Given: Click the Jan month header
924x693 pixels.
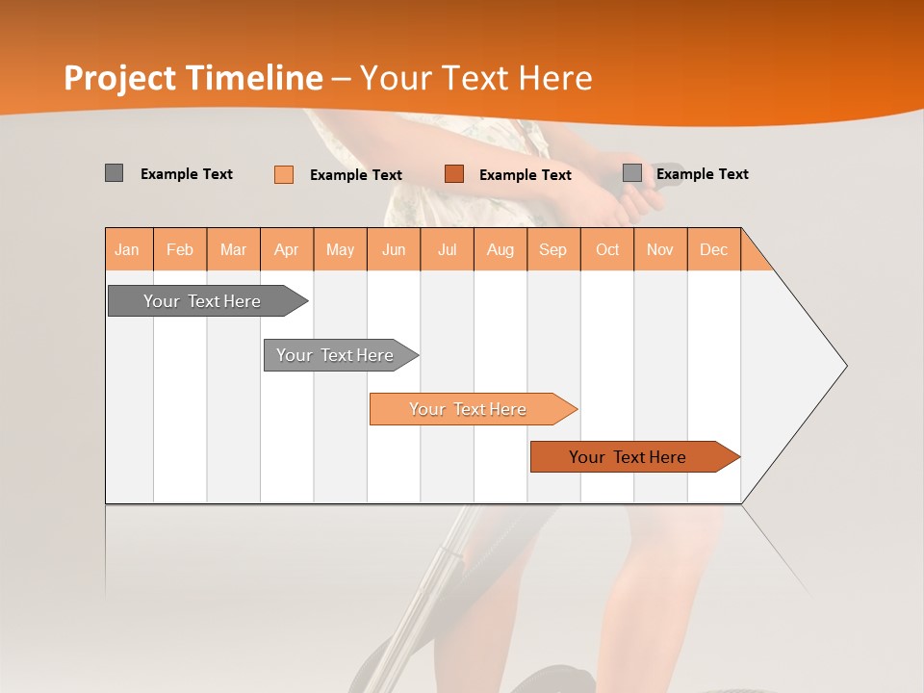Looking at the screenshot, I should pyautogui.click(x=127, y=250).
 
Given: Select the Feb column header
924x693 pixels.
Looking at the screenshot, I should pyautogui.click(x=180, y=250).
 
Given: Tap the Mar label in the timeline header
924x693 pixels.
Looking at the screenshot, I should pyautogui.click(x=233, y=250).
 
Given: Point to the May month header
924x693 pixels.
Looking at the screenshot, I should pyautogui.click(x=340, y=250).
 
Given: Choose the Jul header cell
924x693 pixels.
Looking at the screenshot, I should pyautogui.click(x=447, y=250).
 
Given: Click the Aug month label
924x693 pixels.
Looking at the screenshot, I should pyautogui.click(x=500, y=250).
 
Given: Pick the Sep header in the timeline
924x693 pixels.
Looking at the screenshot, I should pyautogui.click(x=552, y=250).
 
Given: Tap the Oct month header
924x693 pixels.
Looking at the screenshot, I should pyautogui.click(x=607, y=250).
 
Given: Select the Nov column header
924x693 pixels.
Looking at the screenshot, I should pyautogui.click(x=659, y=250).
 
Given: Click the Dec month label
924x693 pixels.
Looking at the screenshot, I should pyautogui.click(x=713, y=250).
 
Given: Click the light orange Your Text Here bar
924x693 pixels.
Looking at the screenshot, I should pyautogui.click(x=468, y=409).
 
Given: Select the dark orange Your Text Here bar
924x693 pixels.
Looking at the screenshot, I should pyautogui.click(x=628, y=457).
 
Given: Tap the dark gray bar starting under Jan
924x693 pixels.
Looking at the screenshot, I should pyautogui.click(x=202, y=301).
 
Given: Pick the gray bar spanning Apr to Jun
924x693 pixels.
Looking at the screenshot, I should pyautogui.click(x=335, y=355).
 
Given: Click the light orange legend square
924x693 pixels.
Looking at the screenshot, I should pyautogui.click(x=284, y=174).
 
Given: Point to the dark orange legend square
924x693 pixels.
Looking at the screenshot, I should pyautogui.click(x=454, y=173).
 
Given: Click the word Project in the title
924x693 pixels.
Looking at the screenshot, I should pyautogui.click(x=120, y=78).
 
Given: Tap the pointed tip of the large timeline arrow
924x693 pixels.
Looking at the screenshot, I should pyautogui.click(x=844, y=366).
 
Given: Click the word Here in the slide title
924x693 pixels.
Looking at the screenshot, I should pyautogui.click(x=555, y=78).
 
